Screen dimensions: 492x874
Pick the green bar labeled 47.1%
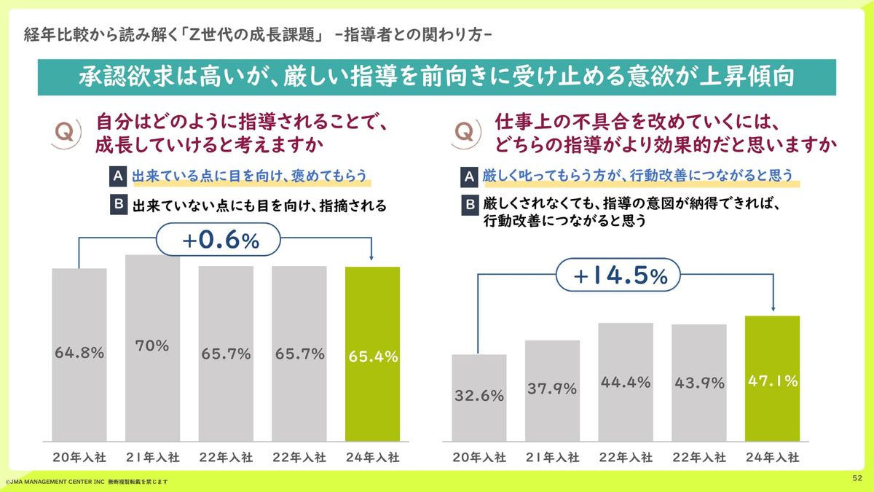(772, 378)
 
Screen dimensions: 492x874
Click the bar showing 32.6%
(479, 397)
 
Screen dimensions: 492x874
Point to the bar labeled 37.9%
(552, 390)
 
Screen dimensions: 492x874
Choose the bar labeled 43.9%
(698, 383)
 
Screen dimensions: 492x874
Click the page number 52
(857, 478)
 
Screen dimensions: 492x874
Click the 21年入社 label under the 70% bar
(152, 458)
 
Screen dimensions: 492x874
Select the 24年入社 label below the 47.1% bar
(772, 458)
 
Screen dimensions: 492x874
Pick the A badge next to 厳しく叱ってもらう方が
(471, 176)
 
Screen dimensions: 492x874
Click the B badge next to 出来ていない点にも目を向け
(117, 205)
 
